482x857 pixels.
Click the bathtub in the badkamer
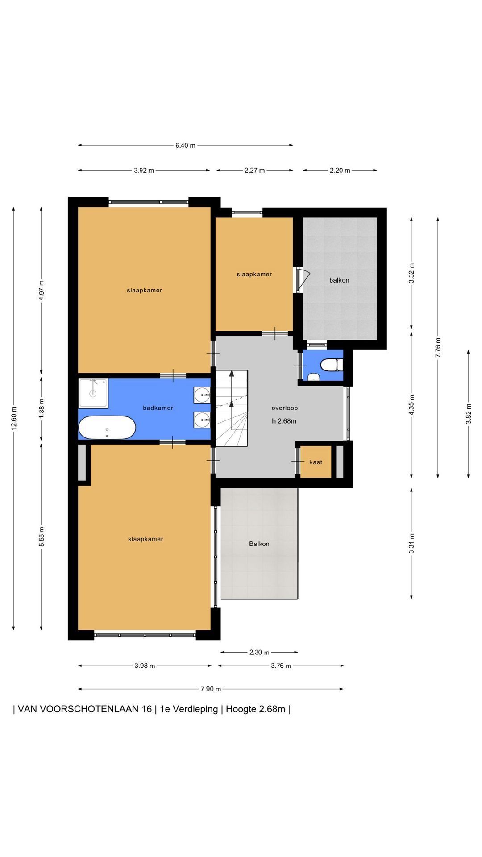pos(107,428)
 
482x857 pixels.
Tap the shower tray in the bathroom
pos(93,393)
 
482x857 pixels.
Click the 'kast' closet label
pos(316,462)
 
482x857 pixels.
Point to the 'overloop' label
pos(285,408)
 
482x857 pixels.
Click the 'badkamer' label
pos(158,408)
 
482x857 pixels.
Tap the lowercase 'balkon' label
pos(339,280)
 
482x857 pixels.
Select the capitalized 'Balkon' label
pos(259,544)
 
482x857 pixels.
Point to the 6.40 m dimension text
pos(185,145)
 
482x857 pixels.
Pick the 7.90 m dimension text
pos(211,689)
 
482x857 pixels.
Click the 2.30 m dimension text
pos(259,652)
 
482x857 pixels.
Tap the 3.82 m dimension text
pos(469,414)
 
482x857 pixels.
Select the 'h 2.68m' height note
pos(284,421)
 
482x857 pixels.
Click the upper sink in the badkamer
pos(202,395)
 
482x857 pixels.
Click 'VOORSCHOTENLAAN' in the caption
pos(85,709)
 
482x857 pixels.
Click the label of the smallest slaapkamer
pos(254,274)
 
